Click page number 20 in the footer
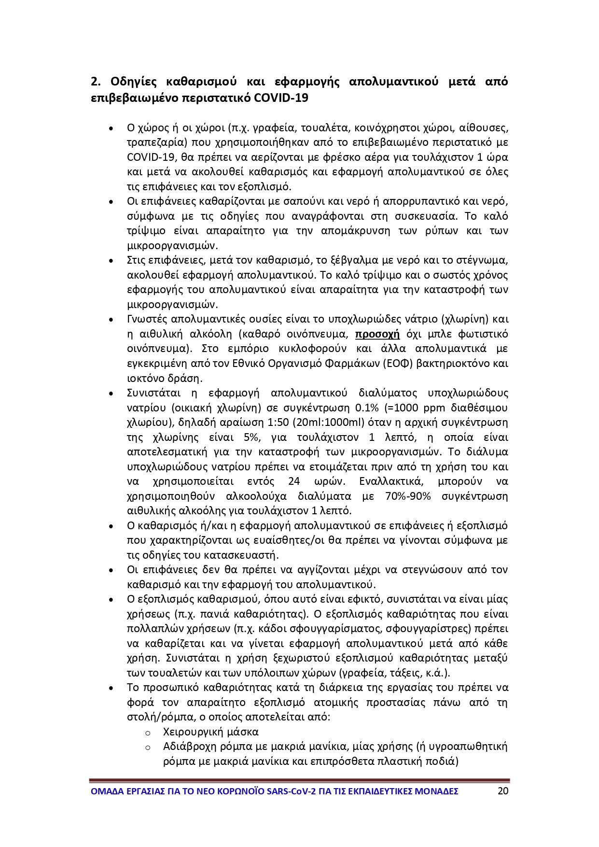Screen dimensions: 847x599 [x=502, y=791]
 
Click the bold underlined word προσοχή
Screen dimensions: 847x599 [x=377, y=334]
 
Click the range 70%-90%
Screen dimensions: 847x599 [x=408, y=496]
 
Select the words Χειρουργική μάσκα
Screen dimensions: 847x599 [x=211, y=732]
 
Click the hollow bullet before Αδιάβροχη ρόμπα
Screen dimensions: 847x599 [x=148, y=748]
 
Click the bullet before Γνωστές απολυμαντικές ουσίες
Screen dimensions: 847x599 [x=111, y=320]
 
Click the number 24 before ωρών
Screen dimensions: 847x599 [x=293, y=482]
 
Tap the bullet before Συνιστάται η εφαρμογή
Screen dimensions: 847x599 [x=111, y=394]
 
